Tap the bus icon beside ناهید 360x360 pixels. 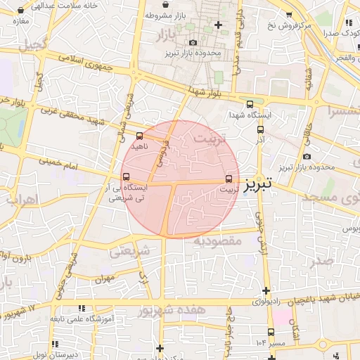(x=139, y=135)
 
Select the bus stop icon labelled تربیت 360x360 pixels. (x=229, y=179)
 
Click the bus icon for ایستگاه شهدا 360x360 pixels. (x=250, y=104)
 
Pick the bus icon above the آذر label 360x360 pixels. (x=260, y=129)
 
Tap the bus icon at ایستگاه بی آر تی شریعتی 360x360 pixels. (x=126, y=176)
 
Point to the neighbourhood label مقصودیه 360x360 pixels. (x=218, y=240)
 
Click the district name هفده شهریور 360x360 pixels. (x=172, y=309)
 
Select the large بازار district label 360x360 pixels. (x=162, y=33)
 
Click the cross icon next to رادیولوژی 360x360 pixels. (x=266, y=290)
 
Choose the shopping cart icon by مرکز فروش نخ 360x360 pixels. (x=288, y=15)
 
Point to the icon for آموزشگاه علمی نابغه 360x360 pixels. (x=82, y=308)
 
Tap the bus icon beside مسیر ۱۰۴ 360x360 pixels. (x=271, y=332)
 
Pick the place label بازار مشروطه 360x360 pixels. (x=167, y=15)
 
